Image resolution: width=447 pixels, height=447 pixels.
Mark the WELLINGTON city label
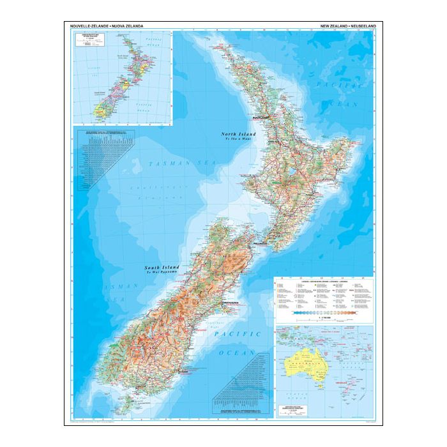coord(262,244)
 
